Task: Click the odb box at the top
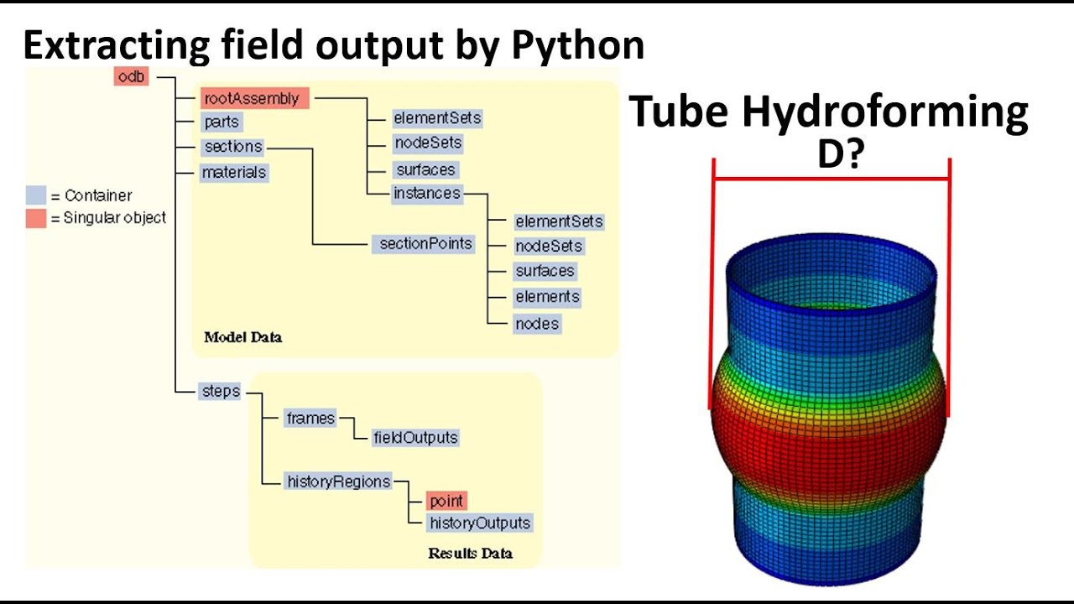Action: click(x=132, y=77)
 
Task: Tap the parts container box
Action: click(x=221, y=122)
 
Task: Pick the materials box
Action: click(x=234, y=173)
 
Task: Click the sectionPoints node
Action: click(x=425, y=244)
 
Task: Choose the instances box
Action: click(x=427, y=194)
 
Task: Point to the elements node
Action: click(x=547, y=297)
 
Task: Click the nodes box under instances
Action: click(x=537, y=324)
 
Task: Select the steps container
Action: click(x=220, y=391)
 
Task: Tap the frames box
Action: click(x=310, y=418)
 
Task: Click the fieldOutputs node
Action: click(x=415, y=437)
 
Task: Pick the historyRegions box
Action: click(x=338, y=482)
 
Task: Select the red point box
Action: click(x=446, y=502)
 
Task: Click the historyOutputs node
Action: click(x=480, y=523)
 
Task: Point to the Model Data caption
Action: click(x=243, y=337)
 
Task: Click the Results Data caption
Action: click(x=470, y=553)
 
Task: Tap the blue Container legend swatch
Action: click(x=35, y=195)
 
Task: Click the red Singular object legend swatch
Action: click(x=35, y=218)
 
